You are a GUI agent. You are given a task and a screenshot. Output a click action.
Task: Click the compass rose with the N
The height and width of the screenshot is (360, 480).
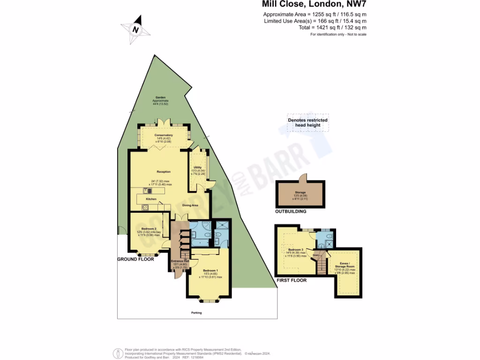pyautogui.click(x=136, y=30)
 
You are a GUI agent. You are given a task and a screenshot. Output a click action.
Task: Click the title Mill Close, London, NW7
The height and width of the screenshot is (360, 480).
pyautogui.click(x=314, y=5)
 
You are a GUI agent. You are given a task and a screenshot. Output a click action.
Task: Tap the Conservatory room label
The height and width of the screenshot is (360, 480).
pyautogui.click(x=164, y=135)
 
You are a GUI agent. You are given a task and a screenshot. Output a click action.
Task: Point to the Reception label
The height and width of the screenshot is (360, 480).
pyautogui.click(x=164, y=172)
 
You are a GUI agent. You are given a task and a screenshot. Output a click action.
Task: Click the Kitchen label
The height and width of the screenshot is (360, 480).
pyautogui.click(x=151, y=199)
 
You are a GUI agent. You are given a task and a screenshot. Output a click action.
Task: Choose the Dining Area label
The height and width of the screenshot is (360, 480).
pyautogui.click(x=190, y=205)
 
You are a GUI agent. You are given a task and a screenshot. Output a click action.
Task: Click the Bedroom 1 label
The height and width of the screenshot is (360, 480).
pyautogui.click(x=210, y=271)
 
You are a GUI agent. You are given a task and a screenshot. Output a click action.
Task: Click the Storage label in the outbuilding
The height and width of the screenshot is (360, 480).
pyautogui.click(x=300, y=193)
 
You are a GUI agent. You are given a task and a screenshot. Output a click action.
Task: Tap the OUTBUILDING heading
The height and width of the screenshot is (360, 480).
pyautogui.click(x=291, y=211)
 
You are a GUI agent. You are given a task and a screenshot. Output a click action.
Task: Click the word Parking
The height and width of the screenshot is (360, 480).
pyautogui.click(x=196, y=313)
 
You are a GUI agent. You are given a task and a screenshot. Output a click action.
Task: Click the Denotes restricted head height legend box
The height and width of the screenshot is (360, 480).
pyautogui.click(x=307, y=122)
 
